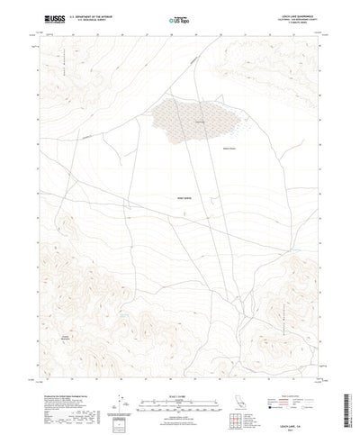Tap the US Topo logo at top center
click(x=180, y=17)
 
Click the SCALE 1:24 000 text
click(x=180, y=367)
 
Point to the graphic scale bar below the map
click(x=180, y=374)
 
